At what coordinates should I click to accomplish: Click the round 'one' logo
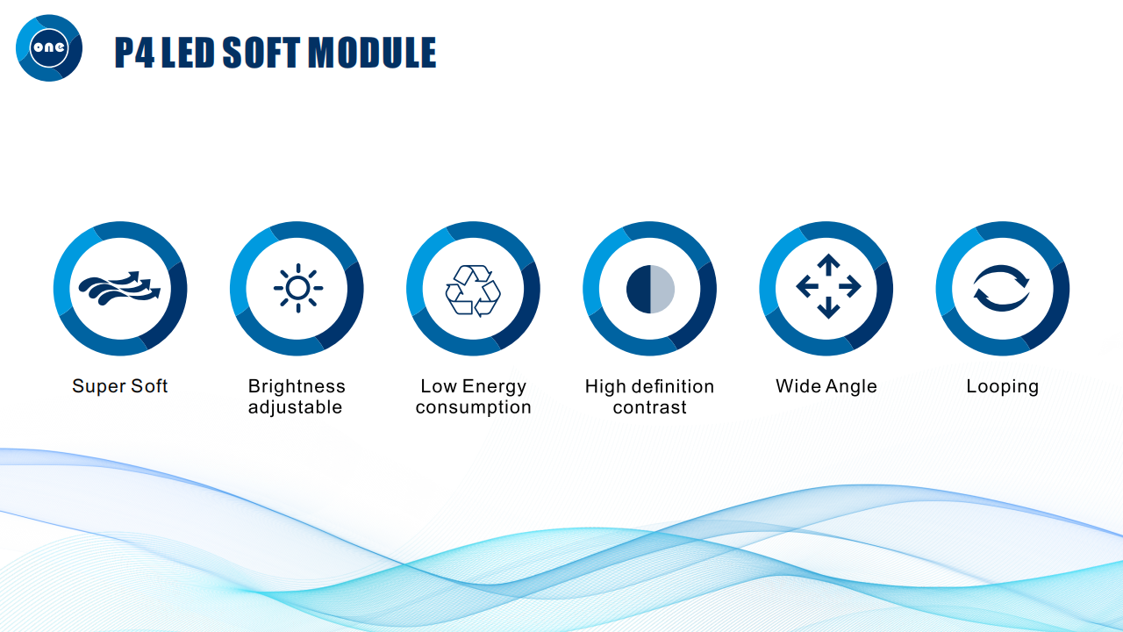(49, 47)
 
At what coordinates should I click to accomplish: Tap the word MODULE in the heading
(371, 52)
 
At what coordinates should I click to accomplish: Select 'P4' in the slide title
(134, 52)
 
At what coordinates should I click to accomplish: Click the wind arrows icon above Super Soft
(119, 289)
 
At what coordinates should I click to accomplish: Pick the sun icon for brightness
(298, 288)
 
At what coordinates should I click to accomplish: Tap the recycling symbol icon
(473, 291)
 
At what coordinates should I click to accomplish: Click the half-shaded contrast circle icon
(650, 290)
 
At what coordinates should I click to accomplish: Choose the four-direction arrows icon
(828, 286)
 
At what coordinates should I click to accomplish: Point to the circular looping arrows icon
(1002, 288)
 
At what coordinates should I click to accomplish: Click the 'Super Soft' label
(119, 386)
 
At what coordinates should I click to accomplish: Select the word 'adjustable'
(295, 407)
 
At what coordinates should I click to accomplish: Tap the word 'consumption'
(473, 407)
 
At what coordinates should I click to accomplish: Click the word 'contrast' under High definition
(649, 407)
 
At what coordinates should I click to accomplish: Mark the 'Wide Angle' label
(826, 386)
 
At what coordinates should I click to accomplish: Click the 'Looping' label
(1002, 387)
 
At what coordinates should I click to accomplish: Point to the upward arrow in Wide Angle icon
(828, 264)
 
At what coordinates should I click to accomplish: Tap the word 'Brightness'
(297, 387)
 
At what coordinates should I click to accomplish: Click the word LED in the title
(188, 52)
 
